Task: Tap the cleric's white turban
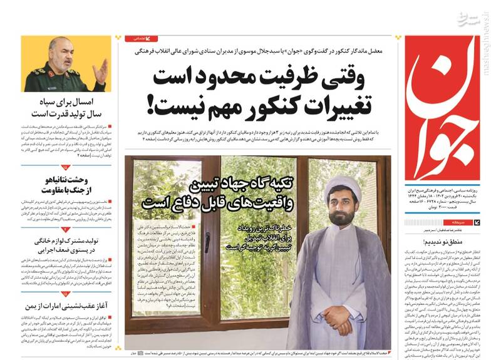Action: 341,187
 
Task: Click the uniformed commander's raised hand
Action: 100,69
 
